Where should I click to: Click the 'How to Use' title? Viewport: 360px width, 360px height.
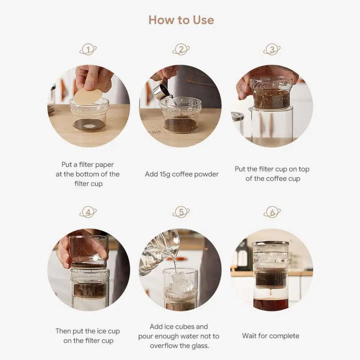tap(181, 20)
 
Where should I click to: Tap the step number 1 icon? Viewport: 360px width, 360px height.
tap(88, 49)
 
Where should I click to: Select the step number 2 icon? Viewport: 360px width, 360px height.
tap(181, 49)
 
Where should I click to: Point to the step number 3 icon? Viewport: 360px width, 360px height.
tap(272, 49)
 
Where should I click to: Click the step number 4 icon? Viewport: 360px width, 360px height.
tap(88, 212)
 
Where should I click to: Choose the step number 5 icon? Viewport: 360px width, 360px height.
tap(181, 212)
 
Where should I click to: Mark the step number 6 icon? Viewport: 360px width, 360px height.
tap(272, 212)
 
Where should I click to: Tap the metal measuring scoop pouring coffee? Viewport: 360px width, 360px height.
tap(161, 91)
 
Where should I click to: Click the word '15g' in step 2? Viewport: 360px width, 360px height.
tap(165, 174)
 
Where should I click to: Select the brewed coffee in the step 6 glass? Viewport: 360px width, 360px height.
tap(271, 304)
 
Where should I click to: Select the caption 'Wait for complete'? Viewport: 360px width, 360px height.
tap(271, 336)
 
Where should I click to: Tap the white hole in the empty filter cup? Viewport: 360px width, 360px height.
tap(89, 126)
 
